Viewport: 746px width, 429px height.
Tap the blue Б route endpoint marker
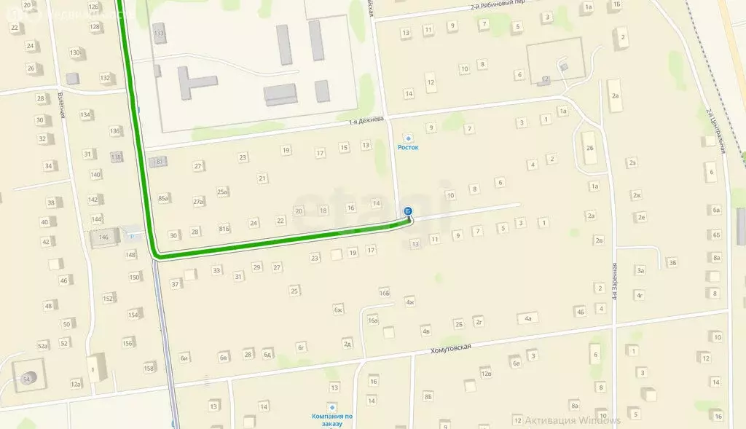pos(408,211)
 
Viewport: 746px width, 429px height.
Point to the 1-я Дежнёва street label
pos(366,122)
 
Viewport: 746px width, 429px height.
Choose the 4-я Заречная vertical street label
pos(615,281)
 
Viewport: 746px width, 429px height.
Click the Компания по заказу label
pos(332,420)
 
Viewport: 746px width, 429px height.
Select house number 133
pos(159,34)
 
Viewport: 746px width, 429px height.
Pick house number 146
pos(103,237)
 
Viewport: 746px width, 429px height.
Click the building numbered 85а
pos(163,198)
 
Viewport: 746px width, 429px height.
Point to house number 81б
pos(224,229)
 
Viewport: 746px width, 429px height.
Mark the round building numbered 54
pos(28,379)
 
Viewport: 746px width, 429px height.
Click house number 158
pos(149,368)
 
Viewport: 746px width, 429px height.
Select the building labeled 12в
pos(486,374)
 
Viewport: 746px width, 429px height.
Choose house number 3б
pos(672,262)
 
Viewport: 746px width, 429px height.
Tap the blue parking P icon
pos(131,235)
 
